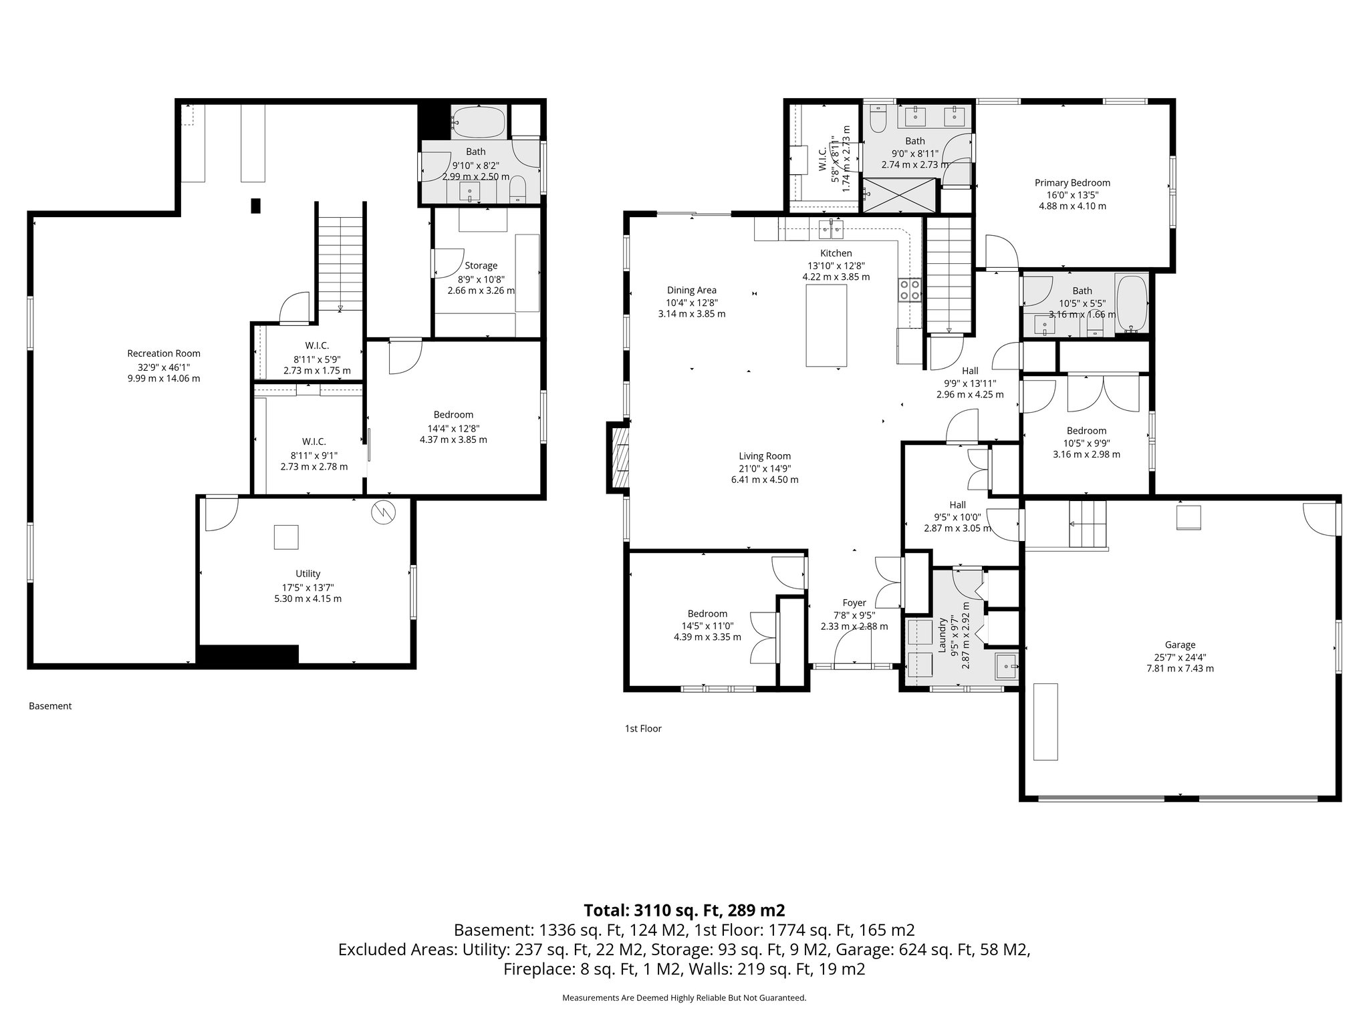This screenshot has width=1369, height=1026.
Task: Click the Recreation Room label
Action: tap(164, 353)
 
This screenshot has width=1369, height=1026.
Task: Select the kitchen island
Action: tap(826, 325)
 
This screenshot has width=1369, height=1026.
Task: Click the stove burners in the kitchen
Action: tap(909, 290)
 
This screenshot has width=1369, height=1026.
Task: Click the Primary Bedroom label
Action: tap(1072, 182)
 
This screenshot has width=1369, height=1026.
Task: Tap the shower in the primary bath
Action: tap(899, 195)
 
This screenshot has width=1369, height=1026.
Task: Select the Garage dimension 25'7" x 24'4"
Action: tap(1180, 657)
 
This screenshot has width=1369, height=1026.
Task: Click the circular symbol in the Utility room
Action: tap(384, 512)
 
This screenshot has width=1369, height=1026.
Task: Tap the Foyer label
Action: tap(854, 603)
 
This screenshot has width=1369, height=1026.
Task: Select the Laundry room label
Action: tap(942, 635)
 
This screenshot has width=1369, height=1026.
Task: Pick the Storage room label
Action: tap(481, 265)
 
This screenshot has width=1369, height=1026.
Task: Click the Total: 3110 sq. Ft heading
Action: tap(684, 910)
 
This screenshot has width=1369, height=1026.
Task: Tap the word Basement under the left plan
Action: tap(50, 706)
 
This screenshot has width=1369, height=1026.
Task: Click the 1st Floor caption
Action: tap(642, 728)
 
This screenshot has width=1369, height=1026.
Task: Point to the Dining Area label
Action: tap(691, 290)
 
